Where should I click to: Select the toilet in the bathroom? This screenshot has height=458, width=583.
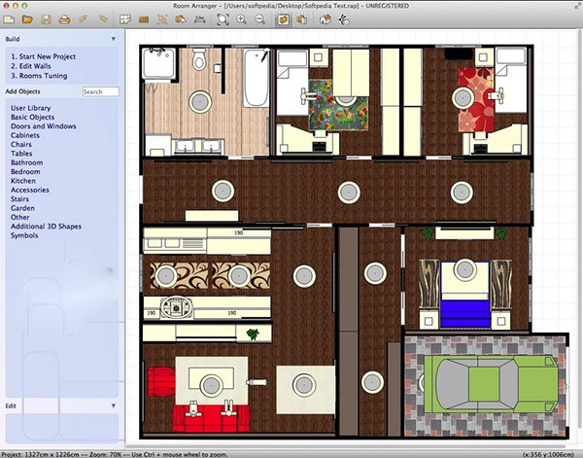tap(199, 60)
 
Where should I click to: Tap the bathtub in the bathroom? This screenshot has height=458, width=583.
tap(256, 78)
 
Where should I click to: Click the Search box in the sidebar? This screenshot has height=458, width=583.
tap(100, 91)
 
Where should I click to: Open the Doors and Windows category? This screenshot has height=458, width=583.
tap(43, 126)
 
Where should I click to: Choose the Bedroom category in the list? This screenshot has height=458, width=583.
tap(25, 172)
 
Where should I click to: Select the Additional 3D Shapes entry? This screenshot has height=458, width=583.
tap(46, 227)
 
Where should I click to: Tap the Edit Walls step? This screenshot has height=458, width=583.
tap(33, 65)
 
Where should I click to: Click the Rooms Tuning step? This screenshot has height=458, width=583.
tap(39, 75)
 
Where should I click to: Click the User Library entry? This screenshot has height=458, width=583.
tap(31, 108)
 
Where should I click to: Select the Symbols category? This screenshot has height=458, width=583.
tap(25, 235)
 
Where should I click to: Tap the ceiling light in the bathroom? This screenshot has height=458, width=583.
tap(200, 100)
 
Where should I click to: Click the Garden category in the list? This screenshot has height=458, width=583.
tap(23, 208)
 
